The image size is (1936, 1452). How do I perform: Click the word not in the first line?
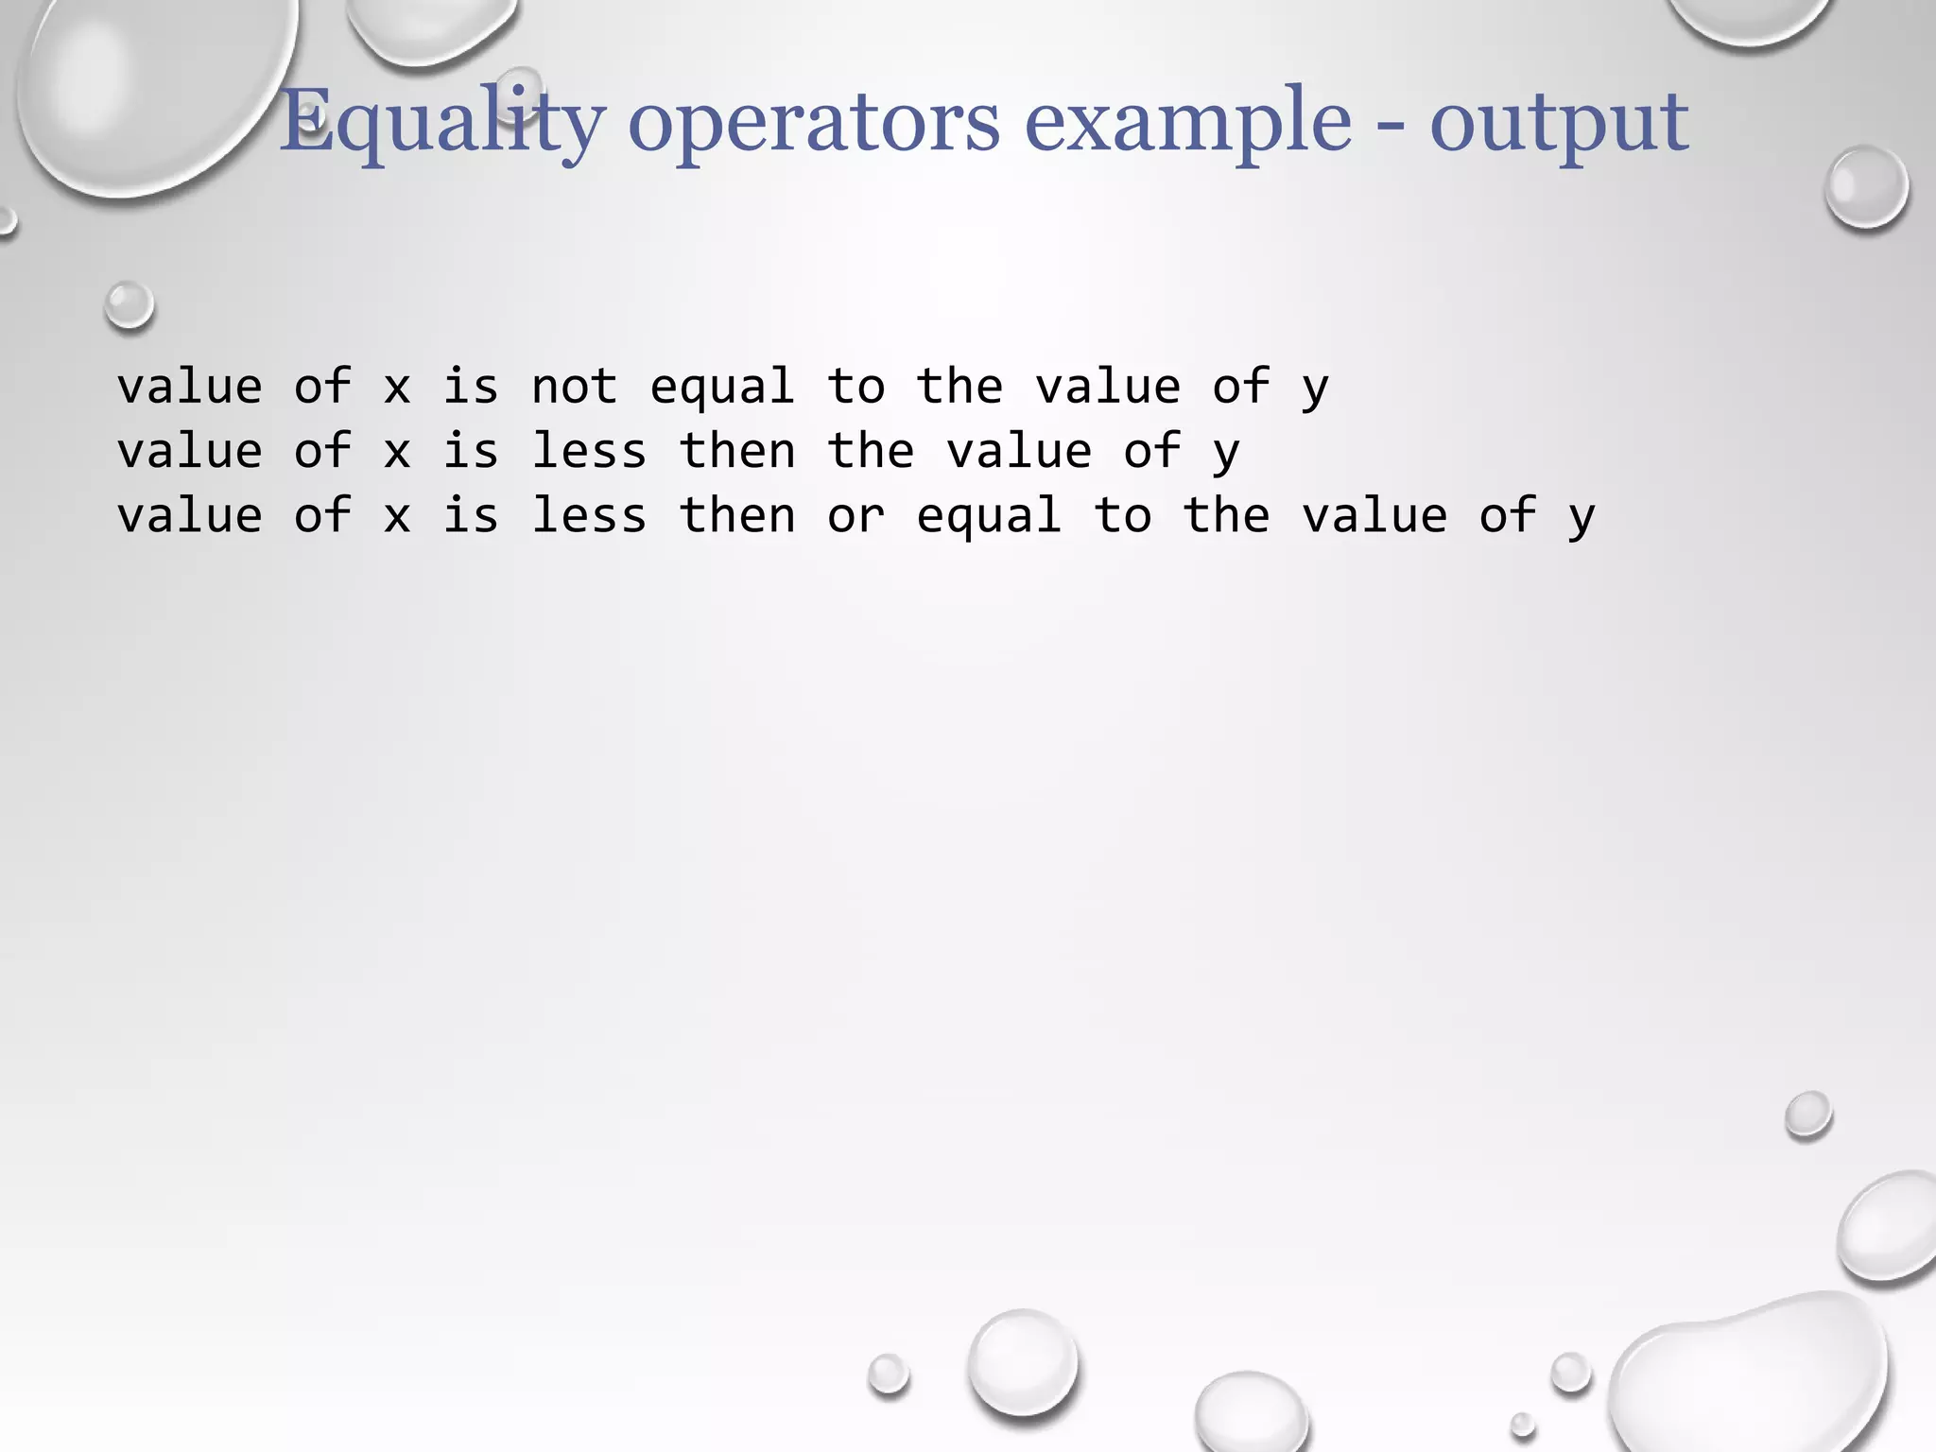tap(574, 387)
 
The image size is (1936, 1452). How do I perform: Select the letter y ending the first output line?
tap(1315, 389)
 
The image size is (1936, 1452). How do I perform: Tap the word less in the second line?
tap(589, 451)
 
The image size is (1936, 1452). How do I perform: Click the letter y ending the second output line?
tap(1226, 453)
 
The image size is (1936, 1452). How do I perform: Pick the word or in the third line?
tap(856, 516)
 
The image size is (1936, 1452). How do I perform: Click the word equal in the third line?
tap(989, 516)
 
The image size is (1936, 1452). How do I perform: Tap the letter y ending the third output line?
tap(1582, 518)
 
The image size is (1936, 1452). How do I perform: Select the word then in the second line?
tap(737, 451)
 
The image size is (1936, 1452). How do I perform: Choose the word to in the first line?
tap(856, 387)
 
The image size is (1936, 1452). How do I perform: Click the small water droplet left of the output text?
tap(129, 305)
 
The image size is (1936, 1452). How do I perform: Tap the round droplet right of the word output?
tap(1866, 186)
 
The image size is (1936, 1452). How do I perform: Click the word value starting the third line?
tap(189, 516)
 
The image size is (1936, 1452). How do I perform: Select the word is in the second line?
tap(471, 451)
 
